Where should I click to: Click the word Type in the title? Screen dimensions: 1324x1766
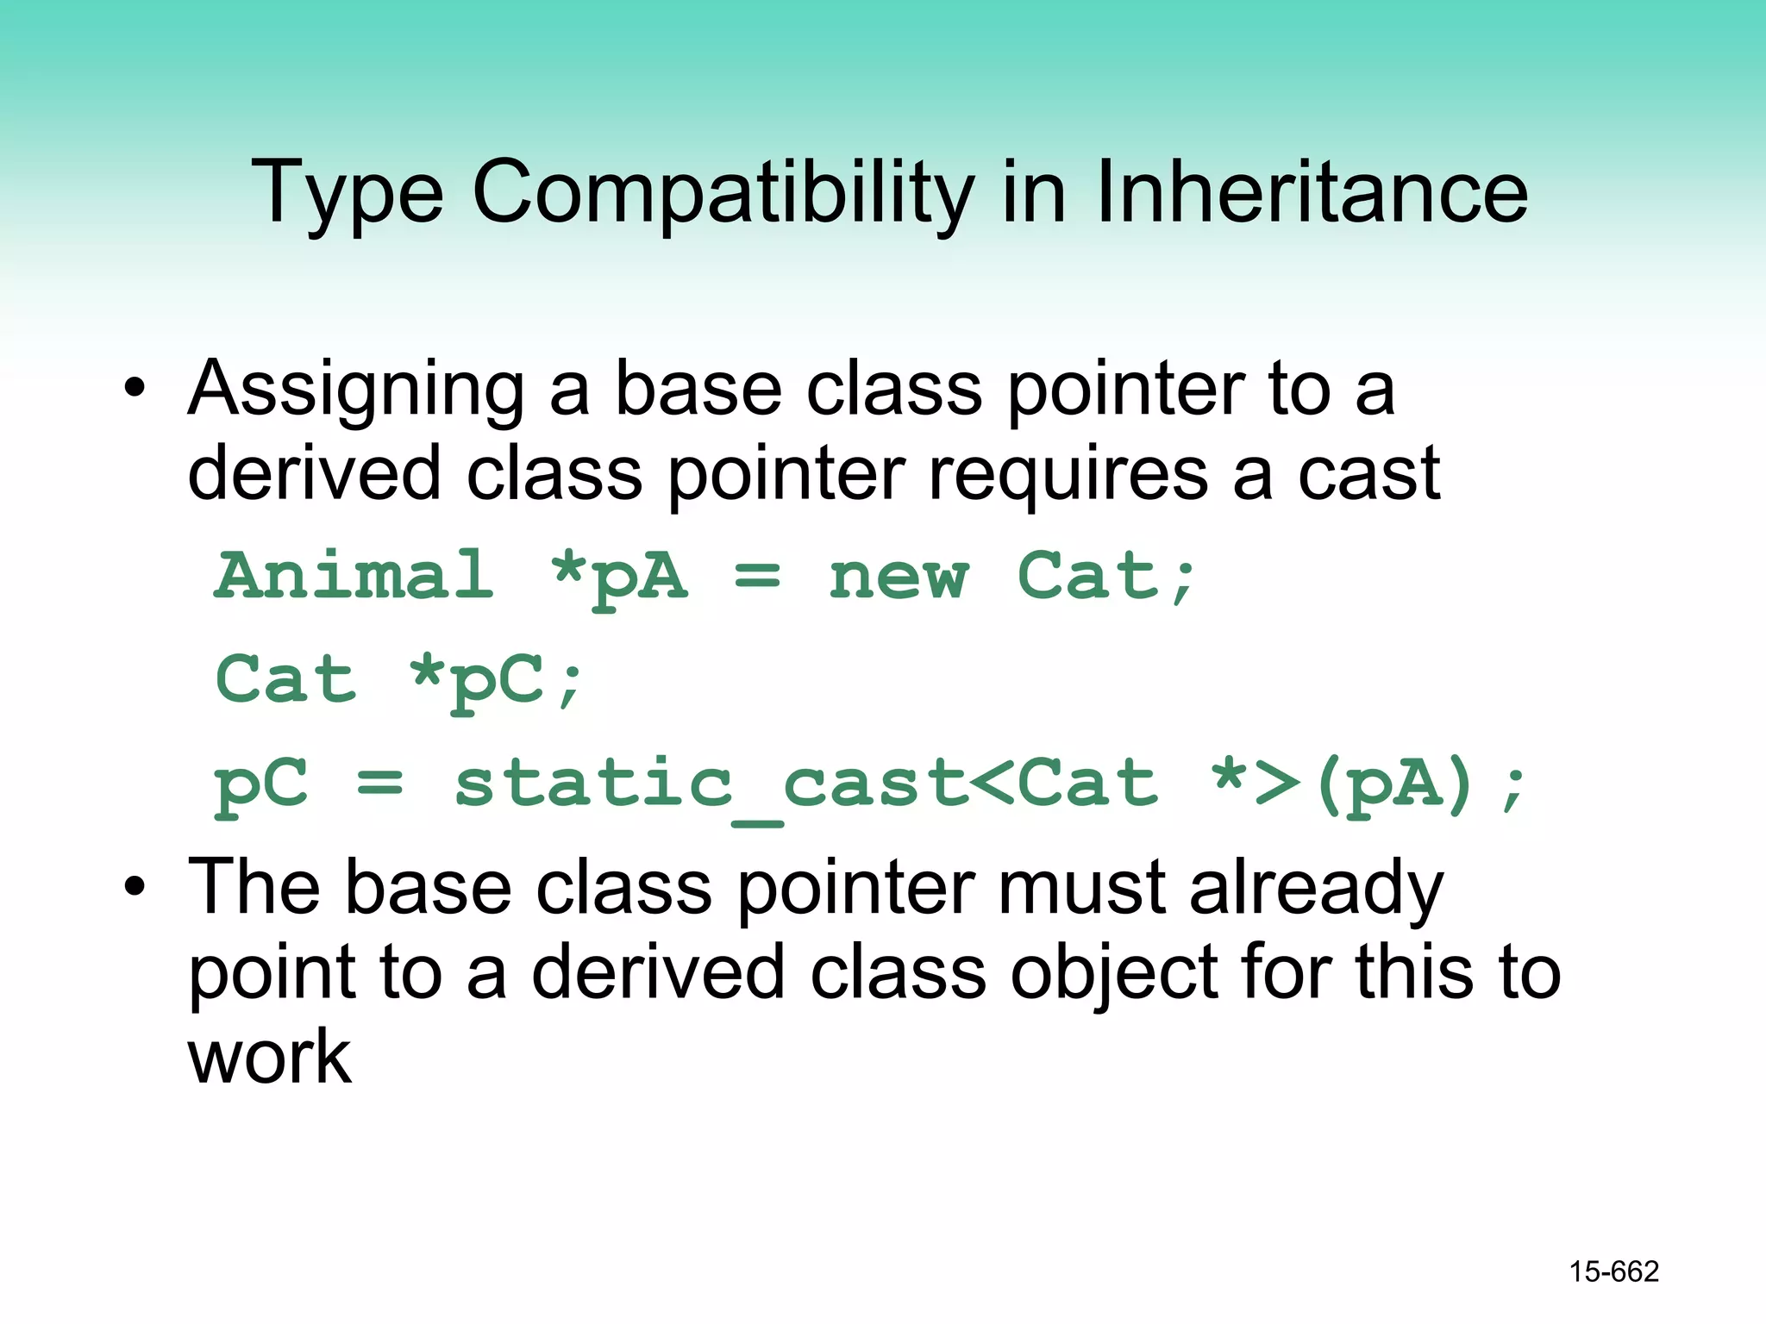347,194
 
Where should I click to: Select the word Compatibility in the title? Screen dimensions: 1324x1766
723,194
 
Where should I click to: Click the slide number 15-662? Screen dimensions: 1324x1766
1613,1271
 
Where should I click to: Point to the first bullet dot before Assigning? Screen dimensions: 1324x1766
135,390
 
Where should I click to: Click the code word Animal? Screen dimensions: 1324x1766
354,576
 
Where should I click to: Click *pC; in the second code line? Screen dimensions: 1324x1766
497,681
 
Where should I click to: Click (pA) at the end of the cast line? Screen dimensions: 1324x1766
1394,784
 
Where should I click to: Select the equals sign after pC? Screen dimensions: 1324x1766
380,784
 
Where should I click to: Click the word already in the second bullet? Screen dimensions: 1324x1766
1316,890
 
